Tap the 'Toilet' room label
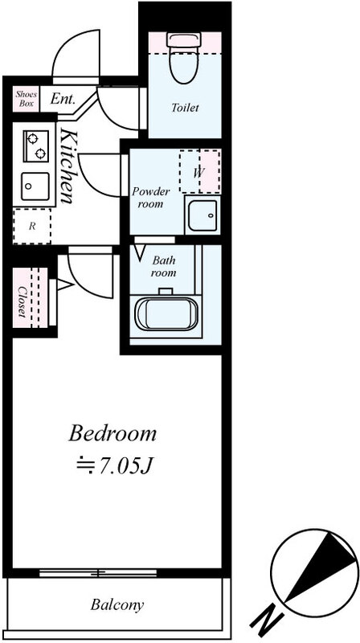click(x=185, y=108)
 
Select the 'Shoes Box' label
click(x=27, y=99)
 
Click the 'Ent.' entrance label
click(x=63, y=99)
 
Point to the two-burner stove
click(x=35, y=146)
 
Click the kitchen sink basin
click(x=35, y=186)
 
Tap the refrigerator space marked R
click(x=32, y=226)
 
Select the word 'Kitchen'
click(x=67, y=166)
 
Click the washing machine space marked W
click(x=199, y=171)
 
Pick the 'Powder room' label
click(x=150, y=198)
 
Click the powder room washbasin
click(x=202, y=215)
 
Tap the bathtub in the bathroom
click(x=166, y=313)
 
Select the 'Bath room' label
click(x=164, y=267)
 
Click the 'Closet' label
click(x=22, y=301)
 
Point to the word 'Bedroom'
click(x=112, y=433)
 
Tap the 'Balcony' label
click(x=117, y=604)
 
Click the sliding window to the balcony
click(x=98, y=573)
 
